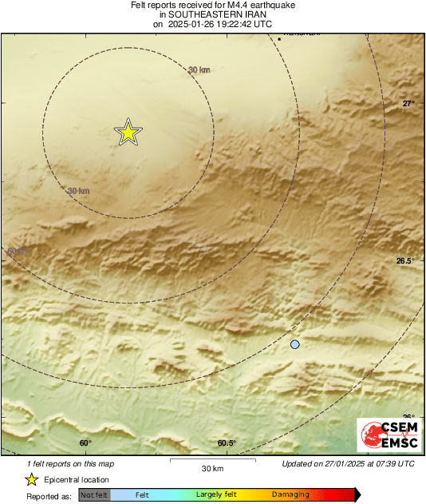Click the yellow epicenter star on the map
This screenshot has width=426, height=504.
coord(128,133)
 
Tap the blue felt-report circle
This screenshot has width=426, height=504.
coord(295,344)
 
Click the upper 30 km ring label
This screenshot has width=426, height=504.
coord(199,70)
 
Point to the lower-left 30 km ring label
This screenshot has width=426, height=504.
coord(78,191)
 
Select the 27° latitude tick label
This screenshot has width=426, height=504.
coord(408,104)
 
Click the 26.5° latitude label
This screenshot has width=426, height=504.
coord(406,261)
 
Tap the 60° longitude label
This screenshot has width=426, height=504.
coord(85,443)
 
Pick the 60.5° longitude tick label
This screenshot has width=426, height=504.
coord(227,443)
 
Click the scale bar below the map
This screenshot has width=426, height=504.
coord(213,460)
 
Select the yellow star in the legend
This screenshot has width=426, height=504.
coord(31,479)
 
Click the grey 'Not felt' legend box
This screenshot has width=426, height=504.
coord(94,495)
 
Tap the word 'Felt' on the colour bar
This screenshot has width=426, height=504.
coord(142,495)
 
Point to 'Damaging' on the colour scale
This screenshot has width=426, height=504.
coord(290,495)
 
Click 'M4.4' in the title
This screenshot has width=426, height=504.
coord(226,6)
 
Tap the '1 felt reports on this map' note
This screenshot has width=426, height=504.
coord(69,464)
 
